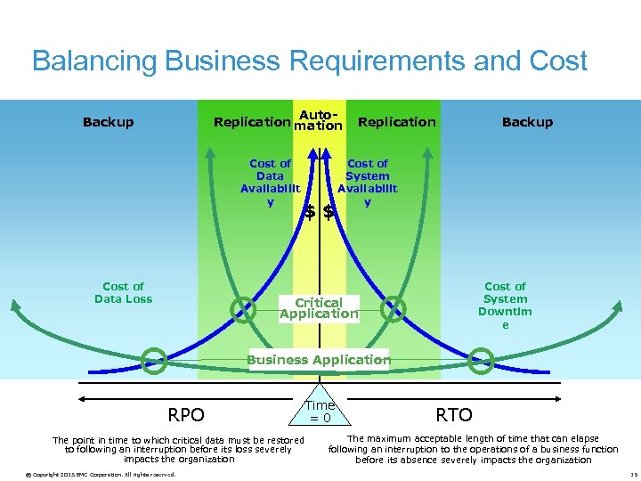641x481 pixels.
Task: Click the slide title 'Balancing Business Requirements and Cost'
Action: pyautogui.click(x=310, y=61)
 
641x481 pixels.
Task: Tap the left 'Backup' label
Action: pyautogui.click(x=108, y=122)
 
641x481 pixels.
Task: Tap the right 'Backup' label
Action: pyautogui.click(x=527, y=122)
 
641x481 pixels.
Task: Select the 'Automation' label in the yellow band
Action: pyautogui.click(x=318, y=121)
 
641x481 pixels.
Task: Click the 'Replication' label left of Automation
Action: pyautogui.click(x=252, y=122)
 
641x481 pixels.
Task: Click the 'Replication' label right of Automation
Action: pyautogui.click(x=396, y=122)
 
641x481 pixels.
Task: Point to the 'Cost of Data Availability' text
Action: pyautogui.click(x=270, y=183)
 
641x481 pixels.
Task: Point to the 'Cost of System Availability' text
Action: pyautogui.click(x=368, y=183)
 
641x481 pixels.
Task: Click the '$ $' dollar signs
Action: pyautogui.click(x=319, y=212)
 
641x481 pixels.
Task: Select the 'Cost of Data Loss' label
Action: pyautogui.click(x=123, y=293)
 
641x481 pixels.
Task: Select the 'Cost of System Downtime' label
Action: pyautogui.click(x=505, y=306)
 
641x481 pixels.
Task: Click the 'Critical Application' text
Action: pyautogui.click(x=319, y=308)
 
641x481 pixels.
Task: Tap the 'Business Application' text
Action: pyautogui.click(x=318, y=360)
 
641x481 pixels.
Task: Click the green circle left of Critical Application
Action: pyautogui.click(x=242, y=309)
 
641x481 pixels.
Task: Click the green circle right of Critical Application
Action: pyautogui.click(x=393, y=309)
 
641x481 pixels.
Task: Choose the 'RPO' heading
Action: pyautogui.click(x=186, y=415)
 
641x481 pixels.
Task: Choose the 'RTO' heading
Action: pyautogui.click(x=453, y=414)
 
